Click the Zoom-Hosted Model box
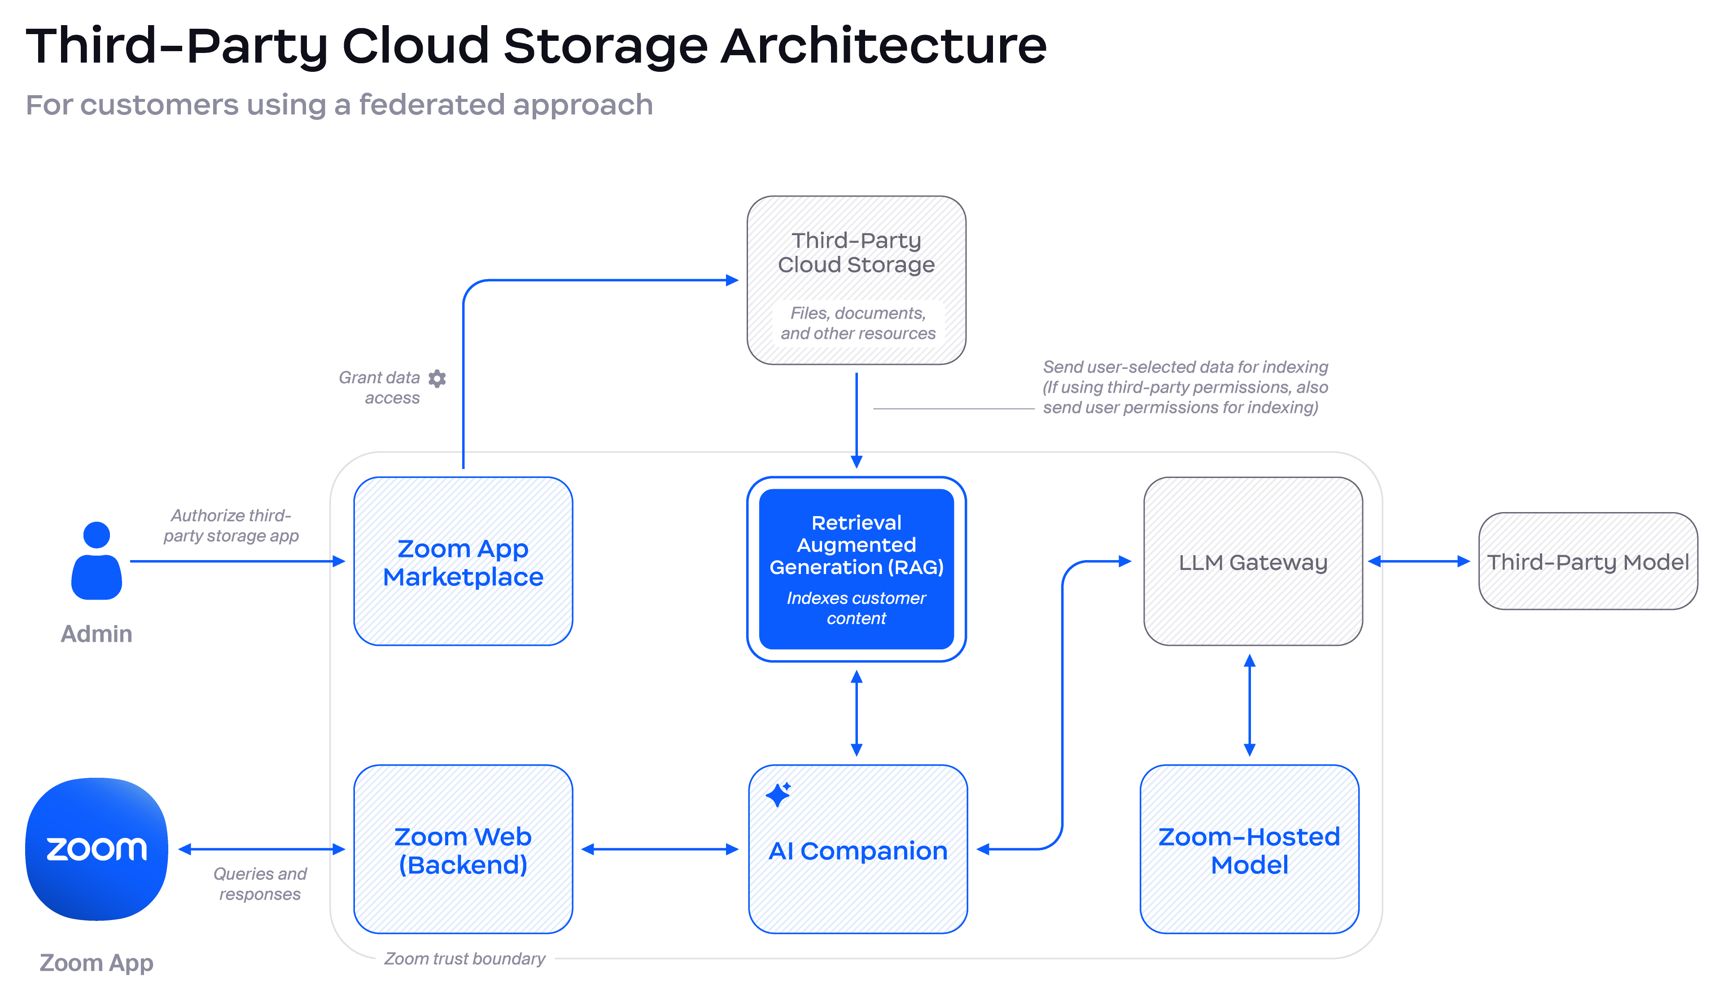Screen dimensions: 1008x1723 1249,849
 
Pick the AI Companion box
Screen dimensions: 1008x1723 857,849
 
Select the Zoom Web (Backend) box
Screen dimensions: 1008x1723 463,849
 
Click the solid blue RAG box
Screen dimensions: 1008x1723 856,569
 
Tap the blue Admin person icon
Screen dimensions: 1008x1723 96,561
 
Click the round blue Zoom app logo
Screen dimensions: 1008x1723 96,849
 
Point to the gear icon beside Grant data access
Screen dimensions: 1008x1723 437,378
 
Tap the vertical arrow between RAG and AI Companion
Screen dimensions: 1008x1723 856,713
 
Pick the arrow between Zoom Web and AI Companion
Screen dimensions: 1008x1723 660,849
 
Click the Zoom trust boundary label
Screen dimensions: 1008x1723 464,959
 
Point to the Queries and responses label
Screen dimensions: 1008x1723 260,884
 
